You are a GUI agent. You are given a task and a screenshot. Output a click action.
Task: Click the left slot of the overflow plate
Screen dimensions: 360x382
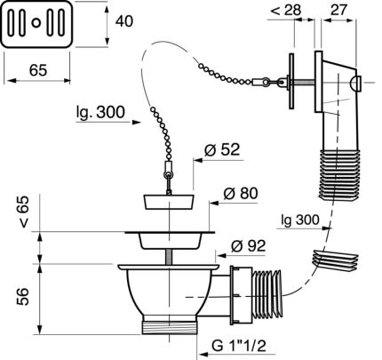tap(16, 19)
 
